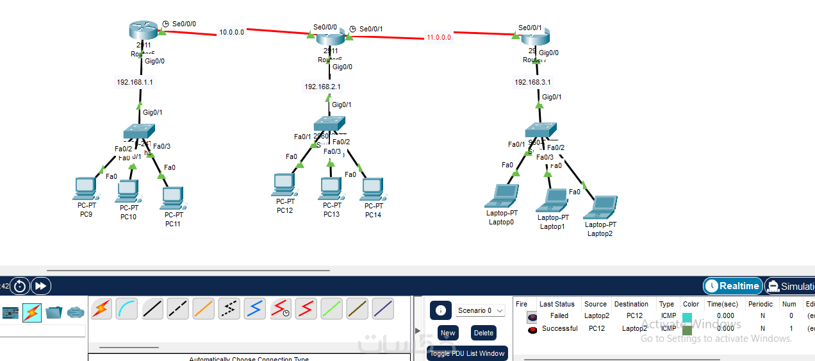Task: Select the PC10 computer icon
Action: click(128, 190)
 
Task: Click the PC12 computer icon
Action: click(284, 184)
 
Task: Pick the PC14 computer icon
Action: click(372, 189)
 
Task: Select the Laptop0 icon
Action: click(502, 195)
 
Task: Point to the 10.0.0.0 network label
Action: click(231, 32)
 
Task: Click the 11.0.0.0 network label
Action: click(439, 37)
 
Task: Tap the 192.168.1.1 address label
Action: click(135, 82)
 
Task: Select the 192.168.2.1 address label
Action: click(322, 87)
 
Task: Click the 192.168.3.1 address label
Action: click(532, 82)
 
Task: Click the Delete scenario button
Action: click(484, 333)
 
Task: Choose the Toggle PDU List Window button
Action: click(467, 353)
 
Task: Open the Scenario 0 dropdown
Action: click(481, 310)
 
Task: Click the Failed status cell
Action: click(559, 315)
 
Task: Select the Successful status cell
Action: click(559, 328)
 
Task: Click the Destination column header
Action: click(631, 304)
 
